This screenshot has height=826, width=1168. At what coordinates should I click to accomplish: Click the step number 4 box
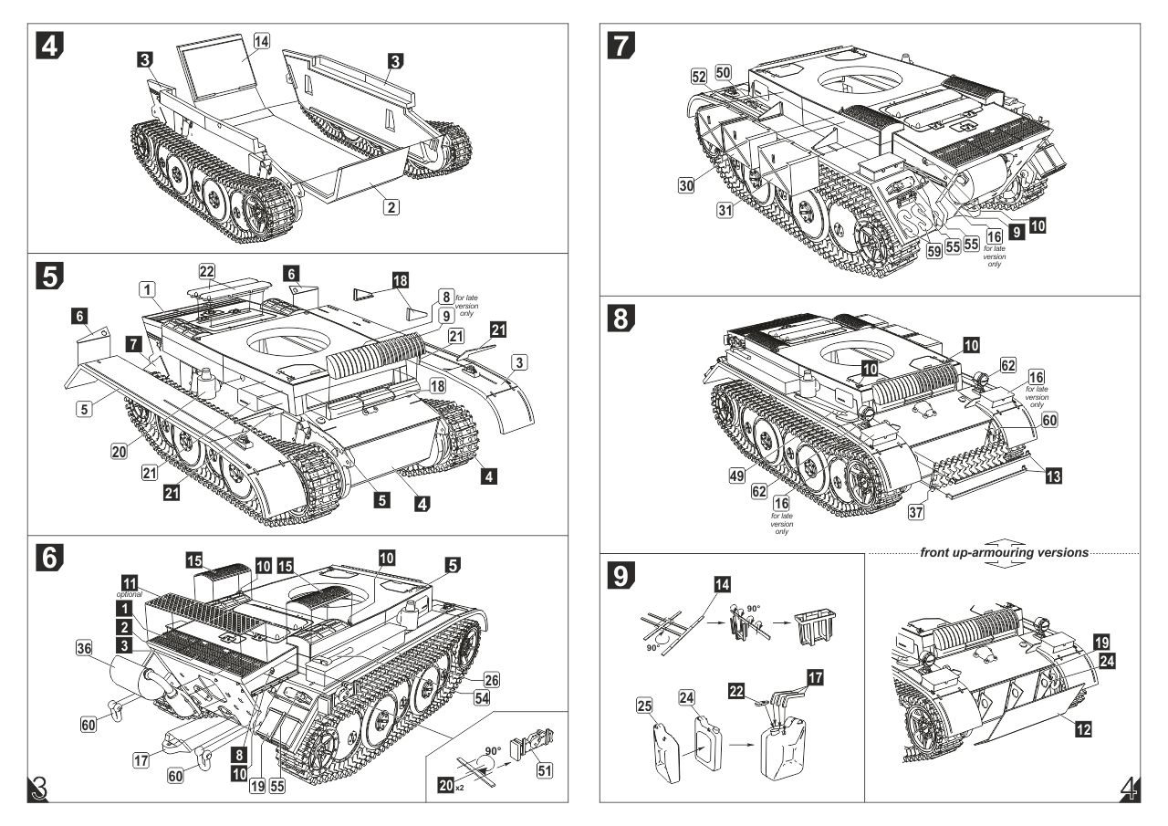49,46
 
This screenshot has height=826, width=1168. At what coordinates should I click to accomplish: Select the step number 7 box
621,46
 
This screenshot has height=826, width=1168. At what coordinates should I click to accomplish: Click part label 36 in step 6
85,649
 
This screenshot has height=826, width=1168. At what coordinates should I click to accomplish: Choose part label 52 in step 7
699,77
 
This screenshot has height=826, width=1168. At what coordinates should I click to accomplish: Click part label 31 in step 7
725,210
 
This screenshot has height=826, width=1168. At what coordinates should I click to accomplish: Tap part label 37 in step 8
916,512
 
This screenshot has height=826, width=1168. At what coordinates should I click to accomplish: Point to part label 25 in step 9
644,706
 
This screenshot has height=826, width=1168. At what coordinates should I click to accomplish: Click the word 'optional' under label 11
130,594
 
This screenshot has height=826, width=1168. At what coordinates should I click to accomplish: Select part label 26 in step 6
491,680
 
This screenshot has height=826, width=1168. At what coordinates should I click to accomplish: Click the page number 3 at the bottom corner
39,789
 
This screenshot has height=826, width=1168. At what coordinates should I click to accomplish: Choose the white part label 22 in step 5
207,270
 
